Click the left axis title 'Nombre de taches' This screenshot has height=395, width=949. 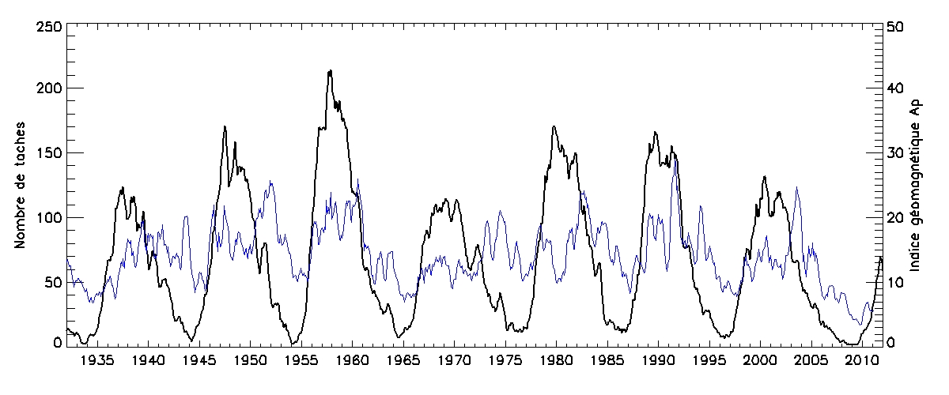click(21, 183)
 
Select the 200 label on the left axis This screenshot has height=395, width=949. click(47, 88)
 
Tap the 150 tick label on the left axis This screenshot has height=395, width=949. click(47, 152)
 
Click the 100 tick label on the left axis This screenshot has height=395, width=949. click(47, 217)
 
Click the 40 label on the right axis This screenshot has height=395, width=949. click(898, 88)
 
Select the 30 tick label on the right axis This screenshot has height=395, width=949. click(898, 152)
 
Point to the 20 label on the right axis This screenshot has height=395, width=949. click(898, 217)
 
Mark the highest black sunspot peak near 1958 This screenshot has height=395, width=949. click(330, 71)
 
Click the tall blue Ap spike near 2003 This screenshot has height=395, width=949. click(796, 188)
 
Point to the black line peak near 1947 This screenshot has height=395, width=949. click(225, 126)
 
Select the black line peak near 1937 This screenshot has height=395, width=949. click(123, 188)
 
